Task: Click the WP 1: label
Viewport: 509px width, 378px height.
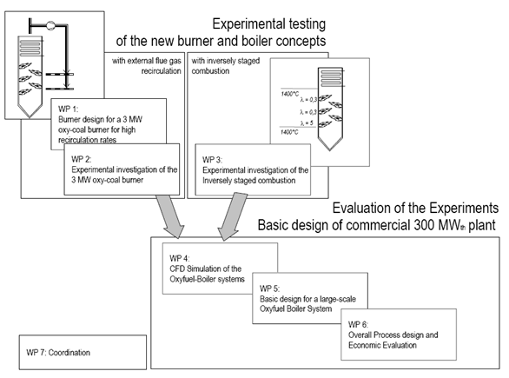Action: (68, 109)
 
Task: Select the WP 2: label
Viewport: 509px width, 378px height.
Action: (82, 159)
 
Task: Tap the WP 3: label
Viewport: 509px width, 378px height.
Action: (212, 160)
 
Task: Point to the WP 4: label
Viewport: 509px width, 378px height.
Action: (180, 258)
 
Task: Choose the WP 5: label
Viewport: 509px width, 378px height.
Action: (270, 288)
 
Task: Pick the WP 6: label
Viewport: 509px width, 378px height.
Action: (359, 324)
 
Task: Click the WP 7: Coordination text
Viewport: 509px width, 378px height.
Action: (58, 353)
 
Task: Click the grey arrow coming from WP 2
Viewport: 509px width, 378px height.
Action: (170, 216)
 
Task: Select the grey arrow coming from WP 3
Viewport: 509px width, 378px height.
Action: (232, 216)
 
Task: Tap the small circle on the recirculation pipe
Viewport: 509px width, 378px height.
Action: (50, 25)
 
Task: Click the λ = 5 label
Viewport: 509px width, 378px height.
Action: (307, 123)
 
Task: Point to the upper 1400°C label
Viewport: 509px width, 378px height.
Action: (289, 94)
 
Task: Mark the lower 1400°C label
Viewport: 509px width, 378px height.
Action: (289, 132)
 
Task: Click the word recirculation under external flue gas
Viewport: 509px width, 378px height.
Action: (161, 70)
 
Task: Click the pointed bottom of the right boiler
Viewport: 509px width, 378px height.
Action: (330, 150)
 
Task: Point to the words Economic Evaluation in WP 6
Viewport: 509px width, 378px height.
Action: (382, 345)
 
